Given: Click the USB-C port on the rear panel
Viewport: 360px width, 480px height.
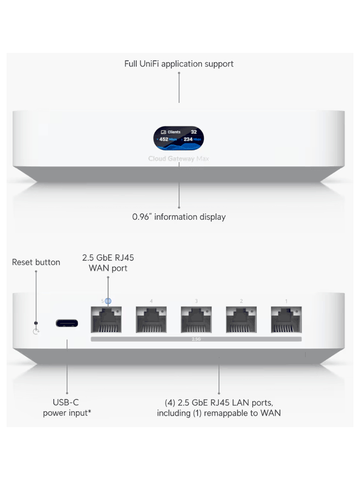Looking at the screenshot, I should [x=67, y=323].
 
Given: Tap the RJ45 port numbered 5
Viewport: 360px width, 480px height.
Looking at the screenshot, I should [x=106, y=319].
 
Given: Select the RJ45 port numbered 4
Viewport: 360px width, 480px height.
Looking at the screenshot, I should [x=151, y=319].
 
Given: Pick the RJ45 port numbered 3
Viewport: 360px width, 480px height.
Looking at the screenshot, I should [x=196, y=319].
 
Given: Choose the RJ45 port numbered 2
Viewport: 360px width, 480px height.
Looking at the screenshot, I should [x=241, y=319].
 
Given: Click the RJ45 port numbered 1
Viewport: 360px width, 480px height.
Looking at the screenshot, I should [x=286, y=319].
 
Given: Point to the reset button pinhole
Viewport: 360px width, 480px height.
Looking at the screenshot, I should [x=36, y=323].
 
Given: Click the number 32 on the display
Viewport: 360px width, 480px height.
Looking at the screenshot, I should [x=194, y=132].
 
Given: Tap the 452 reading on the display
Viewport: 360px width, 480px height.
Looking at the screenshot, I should [x=164, y=139].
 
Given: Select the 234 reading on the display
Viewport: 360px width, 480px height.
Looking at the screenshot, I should [x=189, y=139].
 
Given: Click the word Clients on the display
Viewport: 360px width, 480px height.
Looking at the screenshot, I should [x=174, y=132].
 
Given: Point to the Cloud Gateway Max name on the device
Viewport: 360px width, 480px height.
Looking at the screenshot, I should [x=179, y=159].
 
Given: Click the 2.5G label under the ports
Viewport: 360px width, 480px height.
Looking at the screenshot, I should [x=196, y=338].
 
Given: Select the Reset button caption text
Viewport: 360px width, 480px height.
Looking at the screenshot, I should [x=36, y=262].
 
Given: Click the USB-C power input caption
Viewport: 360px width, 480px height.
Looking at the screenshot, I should [x=67, y=408].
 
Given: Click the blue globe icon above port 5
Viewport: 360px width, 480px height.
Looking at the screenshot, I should [x=108, y=300].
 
